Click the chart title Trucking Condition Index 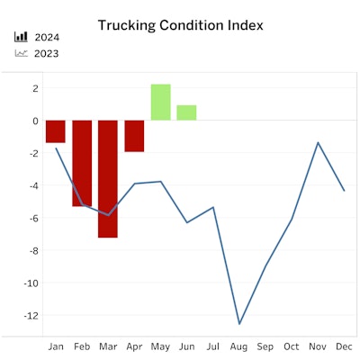click(180, 25)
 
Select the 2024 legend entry click(47, 38)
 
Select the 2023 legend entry click(47, 53)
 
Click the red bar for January click(56, 131)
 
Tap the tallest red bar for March click(108, 178)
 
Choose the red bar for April click(134, 136)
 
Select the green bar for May click(160, 103)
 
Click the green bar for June click(186, 112)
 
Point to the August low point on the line click(239, 324)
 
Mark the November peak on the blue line click(318, 142)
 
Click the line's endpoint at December click(344, 191)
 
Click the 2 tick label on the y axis click(33, 88)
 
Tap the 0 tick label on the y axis click(33, 121)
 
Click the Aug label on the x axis click(239, 346)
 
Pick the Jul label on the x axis click(213, 346)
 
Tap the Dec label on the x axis click(344, 346)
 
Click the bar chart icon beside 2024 click(21, 38)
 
